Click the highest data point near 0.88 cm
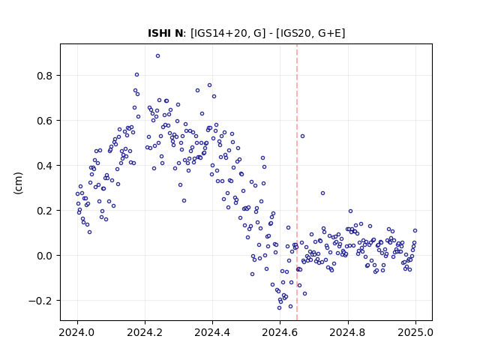(157, 56)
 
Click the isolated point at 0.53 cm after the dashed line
(302, 136)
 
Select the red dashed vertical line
(297, 182)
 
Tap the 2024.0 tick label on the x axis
(77, 332)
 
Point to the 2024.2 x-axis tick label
(145, 332)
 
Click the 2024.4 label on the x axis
(212, 332)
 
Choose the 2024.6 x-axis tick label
(280, 332)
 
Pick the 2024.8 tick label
(347, 332)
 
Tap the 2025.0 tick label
(415, 332)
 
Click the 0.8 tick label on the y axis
(45, 76)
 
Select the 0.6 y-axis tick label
(45, 121)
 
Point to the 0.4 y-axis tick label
(45, 166)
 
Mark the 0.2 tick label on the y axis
(45, 211)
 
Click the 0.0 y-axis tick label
(45, 256)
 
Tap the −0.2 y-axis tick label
(40, 301)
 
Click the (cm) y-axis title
(18, 183)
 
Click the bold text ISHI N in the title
(165, 33)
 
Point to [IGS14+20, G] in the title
(228, 33)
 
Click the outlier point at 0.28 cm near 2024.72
(322, 193)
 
